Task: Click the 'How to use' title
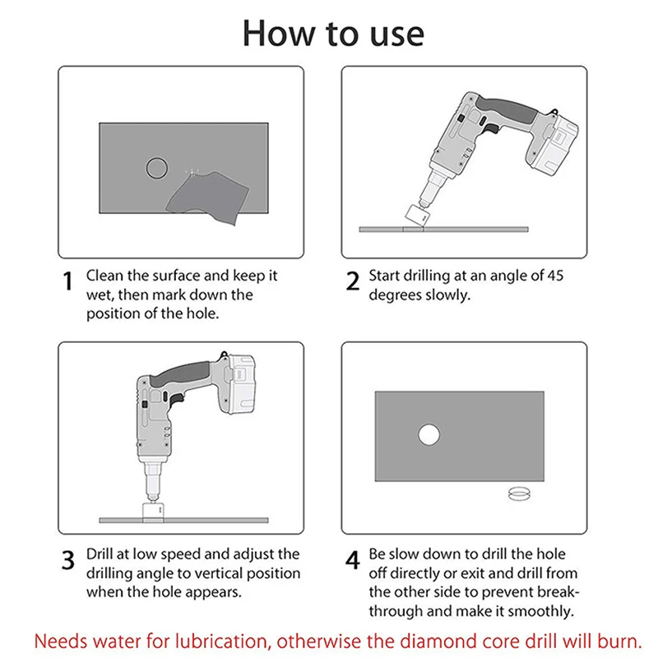point(333,34)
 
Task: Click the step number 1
point(67,280)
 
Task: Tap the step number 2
point(353,280)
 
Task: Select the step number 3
point(68,560)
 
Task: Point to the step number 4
point(353,560)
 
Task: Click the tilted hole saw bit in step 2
point(417,215)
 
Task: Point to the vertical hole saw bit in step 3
point(153,512)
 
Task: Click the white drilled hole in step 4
point(429,434)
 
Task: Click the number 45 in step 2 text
point(555,276)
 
